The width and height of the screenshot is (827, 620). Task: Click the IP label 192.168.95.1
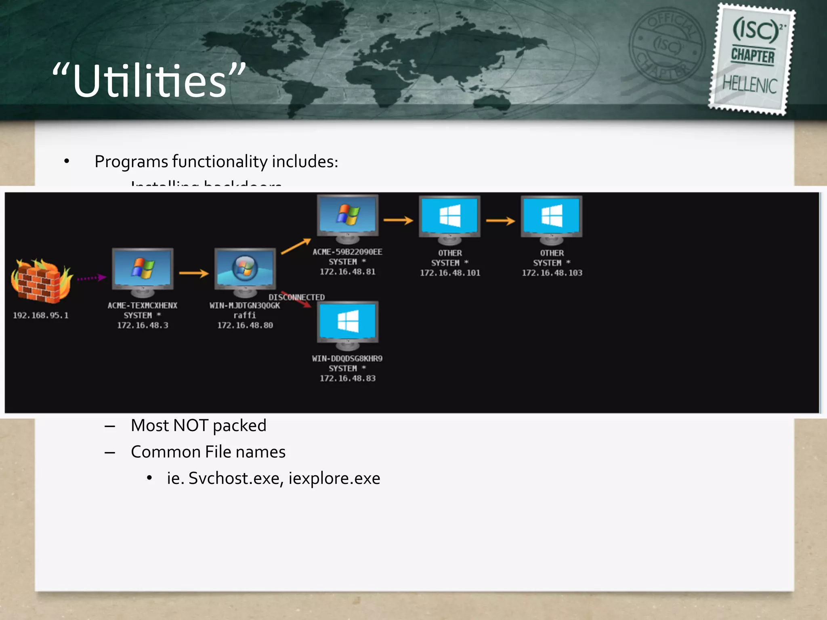coord(41,315)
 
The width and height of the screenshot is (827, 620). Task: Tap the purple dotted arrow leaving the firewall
coord(92,278)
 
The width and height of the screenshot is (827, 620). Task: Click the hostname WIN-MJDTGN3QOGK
coord(244,306)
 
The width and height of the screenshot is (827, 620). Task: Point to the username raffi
coord(245,315)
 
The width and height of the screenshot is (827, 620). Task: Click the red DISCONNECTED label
coord(297,297)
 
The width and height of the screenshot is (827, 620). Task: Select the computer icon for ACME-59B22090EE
coord(348,218)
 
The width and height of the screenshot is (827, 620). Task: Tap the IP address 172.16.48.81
coord(348,272)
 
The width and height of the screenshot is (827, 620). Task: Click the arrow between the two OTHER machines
coord(500,220)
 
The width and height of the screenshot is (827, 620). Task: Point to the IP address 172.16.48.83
coord(348,378)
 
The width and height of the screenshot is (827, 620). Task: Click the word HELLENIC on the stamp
coord(749,85)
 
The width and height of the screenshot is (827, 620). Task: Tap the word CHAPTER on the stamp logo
coord(753,56)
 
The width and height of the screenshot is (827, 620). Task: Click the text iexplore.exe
coord(334,478)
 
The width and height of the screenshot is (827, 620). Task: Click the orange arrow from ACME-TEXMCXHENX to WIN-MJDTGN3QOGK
coord(194,273)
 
